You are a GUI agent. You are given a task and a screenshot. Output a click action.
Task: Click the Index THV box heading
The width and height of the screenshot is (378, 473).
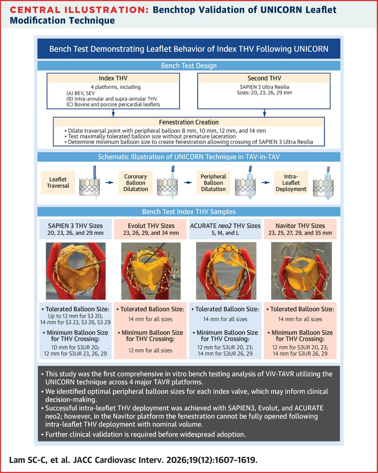(113, 78)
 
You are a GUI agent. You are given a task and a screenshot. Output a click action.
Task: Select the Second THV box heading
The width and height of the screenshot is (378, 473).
(264, 78)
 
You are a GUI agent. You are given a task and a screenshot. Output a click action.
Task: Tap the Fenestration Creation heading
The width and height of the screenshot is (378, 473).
(189, 122)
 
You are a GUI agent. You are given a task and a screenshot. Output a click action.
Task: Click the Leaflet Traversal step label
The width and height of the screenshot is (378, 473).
(58, 182)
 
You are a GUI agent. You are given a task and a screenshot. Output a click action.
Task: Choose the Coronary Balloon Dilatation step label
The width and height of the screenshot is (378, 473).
(136, 182)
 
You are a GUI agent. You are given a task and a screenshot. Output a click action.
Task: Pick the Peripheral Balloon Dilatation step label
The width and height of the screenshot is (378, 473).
(213, 182)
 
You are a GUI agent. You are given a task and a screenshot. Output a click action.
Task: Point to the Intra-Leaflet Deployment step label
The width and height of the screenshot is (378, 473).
(291, 182)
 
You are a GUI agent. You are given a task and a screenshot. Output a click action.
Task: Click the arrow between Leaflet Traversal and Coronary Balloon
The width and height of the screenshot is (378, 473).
(110, 182)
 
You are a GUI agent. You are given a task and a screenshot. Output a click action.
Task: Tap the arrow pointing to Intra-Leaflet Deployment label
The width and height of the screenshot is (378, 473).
(266, 182)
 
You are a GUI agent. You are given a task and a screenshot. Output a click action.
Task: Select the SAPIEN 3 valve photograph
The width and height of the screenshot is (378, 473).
(76, 271)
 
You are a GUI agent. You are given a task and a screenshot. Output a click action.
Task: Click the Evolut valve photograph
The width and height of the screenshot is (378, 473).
(151, 271)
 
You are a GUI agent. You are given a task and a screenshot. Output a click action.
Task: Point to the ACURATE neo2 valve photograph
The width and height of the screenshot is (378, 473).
(226, 271)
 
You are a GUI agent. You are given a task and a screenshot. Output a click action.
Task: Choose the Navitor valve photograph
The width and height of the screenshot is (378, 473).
(301, 271)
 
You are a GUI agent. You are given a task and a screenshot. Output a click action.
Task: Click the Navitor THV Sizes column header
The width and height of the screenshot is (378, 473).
(300, 229)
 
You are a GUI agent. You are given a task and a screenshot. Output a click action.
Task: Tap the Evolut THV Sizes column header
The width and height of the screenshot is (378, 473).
(151, 229)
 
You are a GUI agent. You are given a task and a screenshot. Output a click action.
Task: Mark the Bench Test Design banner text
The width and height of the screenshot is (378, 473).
(189, 66)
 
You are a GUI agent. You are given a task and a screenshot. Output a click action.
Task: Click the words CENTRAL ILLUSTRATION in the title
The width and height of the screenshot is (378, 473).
(79, 10)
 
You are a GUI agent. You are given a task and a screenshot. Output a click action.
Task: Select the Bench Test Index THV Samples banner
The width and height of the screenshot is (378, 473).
(189, 212)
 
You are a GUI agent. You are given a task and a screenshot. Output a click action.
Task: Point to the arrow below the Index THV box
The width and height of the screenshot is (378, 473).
(113, 113)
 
